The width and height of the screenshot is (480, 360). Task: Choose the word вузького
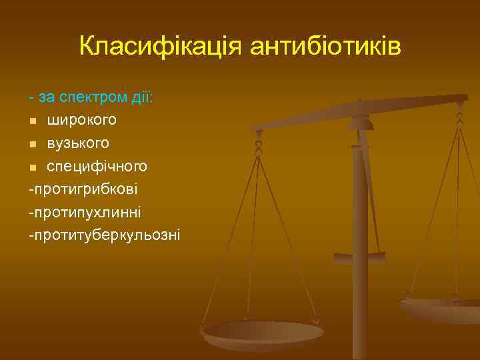[x=79, y=143]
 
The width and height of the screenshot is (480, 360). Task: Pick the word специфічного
[x=97, y=165]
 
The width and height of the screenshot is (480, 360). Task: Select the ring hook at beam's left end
[x=259, y=143]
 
